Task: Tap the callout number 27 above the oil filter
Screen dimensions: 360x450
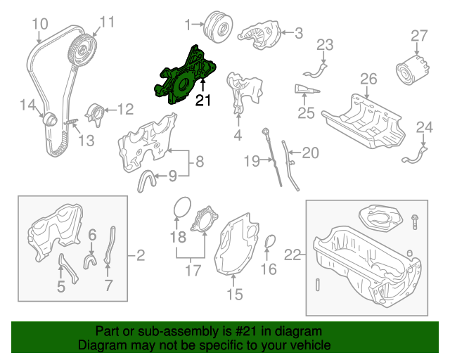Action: point(419,35)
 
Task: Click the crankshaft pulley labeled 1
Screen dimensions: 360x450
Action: point(215,27)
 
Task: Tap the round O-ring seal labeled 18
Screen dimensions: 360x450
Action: point(181,208)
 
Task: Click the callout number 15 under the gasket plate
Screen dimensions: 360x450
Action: point(235,295)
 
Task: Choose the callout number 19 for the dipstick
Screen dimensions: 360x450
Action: point(252,162)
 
